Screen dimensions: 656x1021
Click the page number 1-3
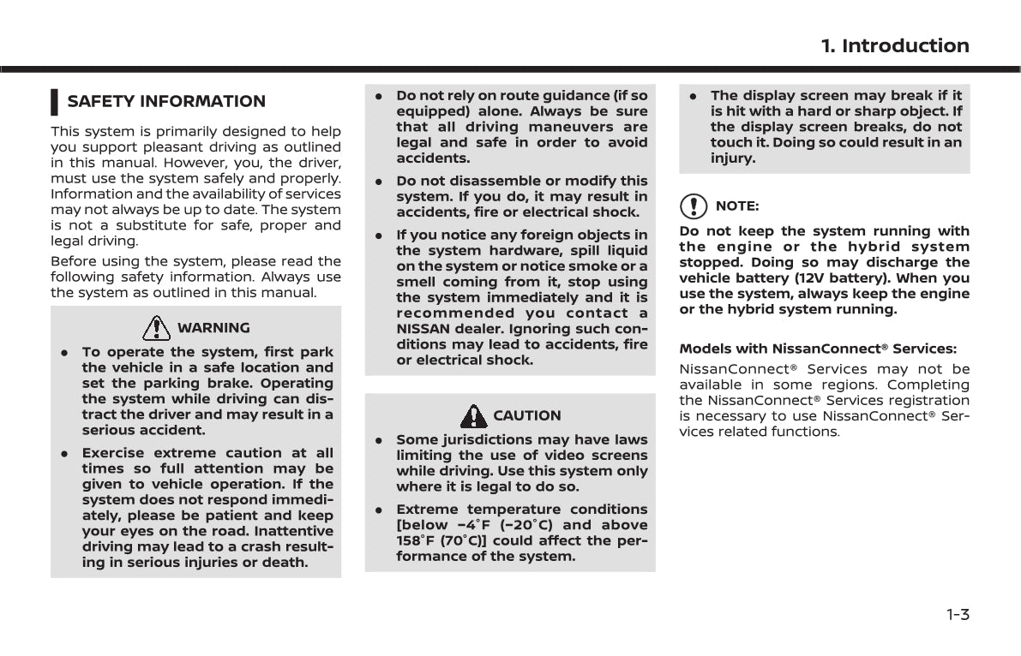point(958,614)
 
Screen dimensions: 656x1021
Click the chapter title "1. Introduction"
point(895,46)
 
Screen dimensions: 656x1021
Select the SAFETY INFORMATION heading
point(166,101)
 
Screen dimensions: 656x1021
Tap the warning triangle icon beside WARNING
point(157,327)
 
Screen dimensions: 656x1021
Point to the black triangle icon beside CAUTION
point(473,415)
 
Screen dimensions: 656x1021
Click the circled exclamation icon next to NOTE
point(694,206)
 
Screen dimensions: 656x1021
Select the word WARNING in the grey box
point(213,328)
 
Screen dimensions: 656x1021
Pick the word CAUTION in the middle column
point(526,415)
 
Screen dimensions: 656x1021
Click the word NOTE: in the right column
point(736,206)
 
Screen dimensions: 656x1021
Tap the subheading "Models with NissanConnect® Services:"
point(818,349)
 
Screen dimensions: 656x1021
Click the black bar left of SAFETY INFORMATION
point(54,101)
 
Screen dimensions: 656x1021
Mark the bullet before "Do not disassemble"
point(377,182)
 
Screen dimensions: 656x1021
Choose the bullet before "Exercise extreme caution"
point(64,453)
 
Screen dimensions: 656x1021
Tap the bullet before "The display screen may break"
point(692,96)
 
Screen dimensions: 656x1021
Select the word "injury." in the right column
point(733,158)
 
